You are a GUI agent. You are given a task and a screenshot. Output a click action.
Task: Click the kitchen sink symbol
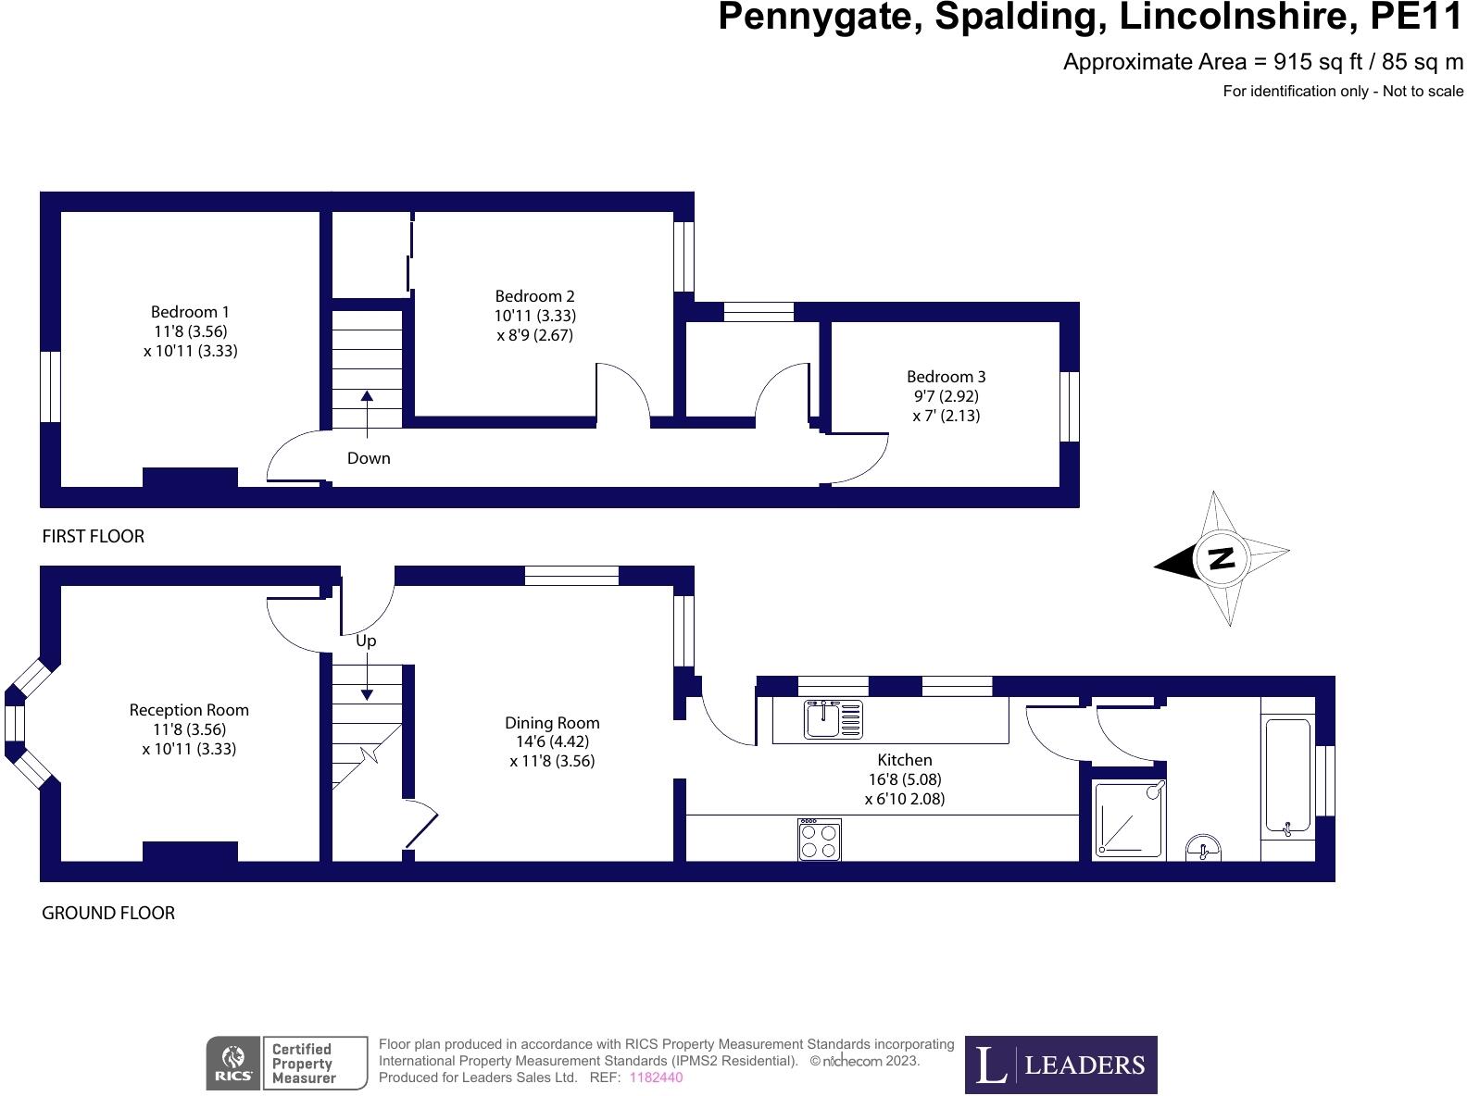[834, 720]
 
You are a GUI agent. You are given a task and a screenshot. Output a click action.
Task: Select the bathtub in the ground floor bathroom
[1288, 778]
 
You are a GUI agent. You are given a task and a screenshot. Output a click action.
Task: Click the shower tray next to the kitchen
[1129, 819]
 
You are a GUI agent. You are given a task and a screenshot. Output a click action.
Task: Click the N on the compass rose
[1222, 557]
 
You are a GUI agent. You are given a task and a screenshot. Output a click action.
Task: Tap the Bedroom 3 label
[946, 377]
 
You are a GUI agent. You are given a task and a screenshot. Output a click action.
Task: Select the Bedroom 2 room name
[534, 296]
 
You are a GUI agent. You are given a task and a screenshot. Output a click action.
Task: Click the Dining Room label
[552, 723]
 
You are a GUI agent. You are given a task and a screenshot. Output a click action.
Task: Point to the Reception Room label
[189, 710]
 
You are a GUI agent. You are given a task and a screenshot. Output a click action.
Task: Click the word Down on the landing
[369, 458]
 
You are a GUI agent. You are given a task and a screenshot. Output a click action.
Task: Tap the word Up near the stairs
[366, 641]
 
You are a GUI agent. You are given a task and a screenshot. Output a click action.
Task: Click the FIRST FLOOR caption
[93, 536]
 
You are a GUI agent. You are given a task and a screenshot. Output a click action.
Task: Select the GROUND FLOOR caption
[108, 913]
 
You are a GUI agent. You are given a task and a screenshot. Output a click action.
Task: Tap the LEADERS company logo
[1060, 1065]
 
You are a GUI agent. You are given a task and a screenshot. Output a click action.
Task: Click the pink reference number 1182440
[656, 1077]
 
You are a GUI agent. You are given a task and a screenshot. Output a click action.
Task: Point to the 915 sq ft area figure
[1317, 62]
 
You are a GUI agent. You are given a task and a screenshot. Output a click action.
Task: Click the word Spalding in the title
[1020, 18]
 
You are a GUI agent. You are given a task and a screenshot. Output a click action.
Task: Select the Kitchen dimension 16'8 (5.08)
[905, 779]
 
